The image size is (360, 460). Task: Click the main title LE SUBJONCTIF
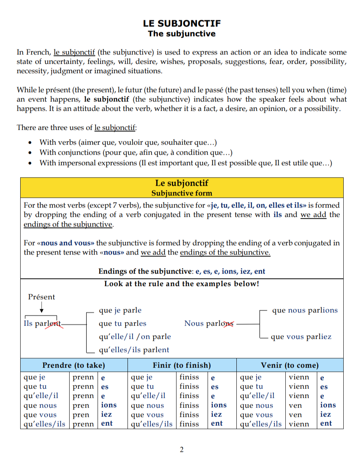click(182, 24)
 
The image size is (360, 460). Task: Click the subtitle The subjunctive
click(182, 34)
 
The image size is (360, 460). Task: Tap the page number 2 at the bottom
click(182, 450)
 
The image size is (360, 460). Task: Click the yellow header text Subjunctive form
click(182, 193)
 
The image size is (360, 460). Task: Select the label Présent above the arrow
click(42, 297)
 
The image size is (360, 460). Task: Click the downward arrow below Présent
click(42, 309)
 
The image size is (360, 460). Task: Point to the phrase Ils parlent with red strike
click(42, 324)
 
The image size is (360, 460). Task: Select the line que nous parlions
click(305, 310)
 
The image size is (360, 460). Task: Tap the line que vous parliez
click(301, 337)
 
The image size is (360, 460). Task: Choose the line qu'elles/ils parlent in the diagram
click(134, 350)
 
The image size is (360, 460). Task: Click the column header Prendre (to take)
click(73, 365)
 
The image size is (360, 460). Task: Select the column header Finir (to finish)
click(182, 365)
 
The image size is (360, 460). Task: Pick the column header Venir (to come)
click(290, 365)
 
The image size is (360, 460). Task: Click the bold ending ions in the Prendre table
click(109, 405)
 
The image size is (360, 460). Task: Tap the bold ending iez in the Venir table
click(325, 415)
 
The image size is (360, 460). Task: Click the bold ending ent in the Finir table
click(217, 423)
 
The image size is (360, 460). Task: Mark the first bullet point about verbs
click(128, 143)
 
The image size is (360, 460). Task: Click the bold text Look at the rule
click(182, 284)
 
